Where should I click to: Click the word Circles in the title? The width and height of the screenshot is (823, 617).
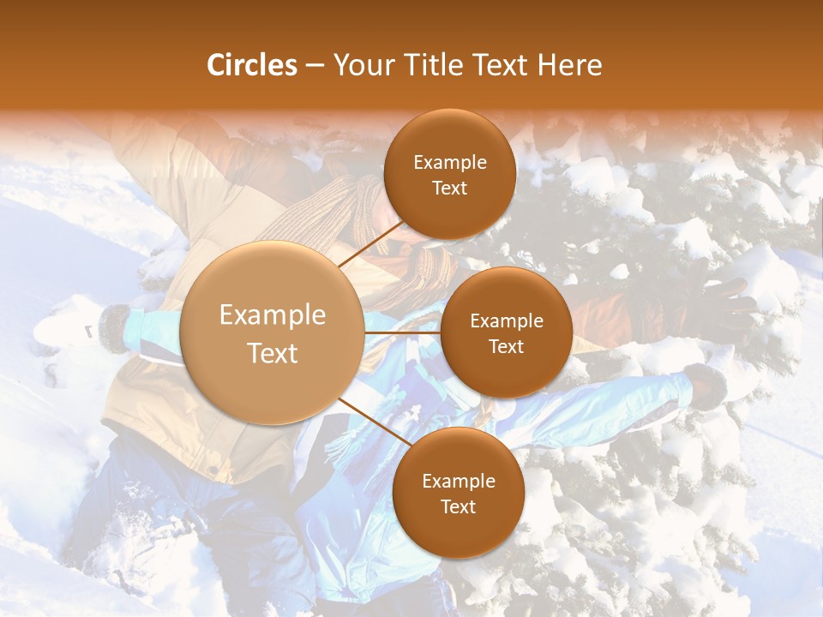point(252,65)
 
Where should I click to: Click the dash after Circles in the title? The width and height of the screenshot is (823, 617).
point(315,66)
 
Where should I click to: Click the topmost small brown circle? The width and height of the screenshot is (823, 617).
point(449,174)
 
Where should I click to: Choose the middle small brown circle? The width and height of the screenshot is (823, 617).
point(506,332)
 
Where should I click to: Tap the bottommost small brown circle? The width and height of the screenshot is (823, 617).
point(458,493)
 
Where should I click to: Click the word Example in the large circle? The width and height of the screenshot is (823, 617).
point(273,315)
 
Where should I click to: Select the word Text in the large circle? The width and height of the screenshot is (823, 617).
point(273,353)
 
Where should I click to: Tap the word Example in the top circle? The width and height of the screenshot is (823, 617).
point(449,162)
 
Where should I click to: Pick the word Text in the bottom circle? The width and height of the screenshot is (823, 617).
point(458,506)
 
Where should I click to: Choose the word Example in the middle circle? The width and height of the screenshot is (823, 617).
point(506,320)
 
